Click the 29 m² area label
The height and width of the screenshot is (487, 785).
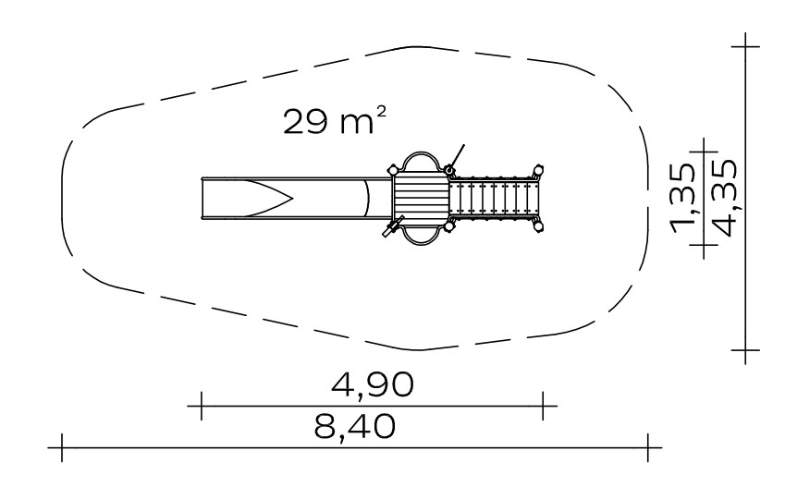click(335, 121)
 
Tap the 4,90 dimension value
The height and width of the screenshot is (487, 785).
click(373, 384)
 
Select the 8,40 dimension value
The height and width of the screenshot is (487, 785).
click(355, 427)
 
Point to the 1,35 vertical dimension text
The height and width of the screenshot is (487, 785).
click(683, 199)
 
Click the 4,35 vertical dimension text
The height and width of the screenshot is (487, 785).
click(724, 198)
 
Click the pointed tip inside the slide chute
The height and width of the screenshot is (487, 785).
click(292, 199)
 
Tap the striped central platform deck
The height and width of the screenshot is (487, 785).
click(420, 198)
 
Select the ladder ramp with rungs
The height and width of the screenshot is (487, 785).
click(493, 198)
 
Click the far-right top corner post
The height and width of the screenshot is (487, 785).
click(538, 170)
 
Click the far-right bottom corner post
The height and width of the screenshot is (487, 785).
click(539, 226)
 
